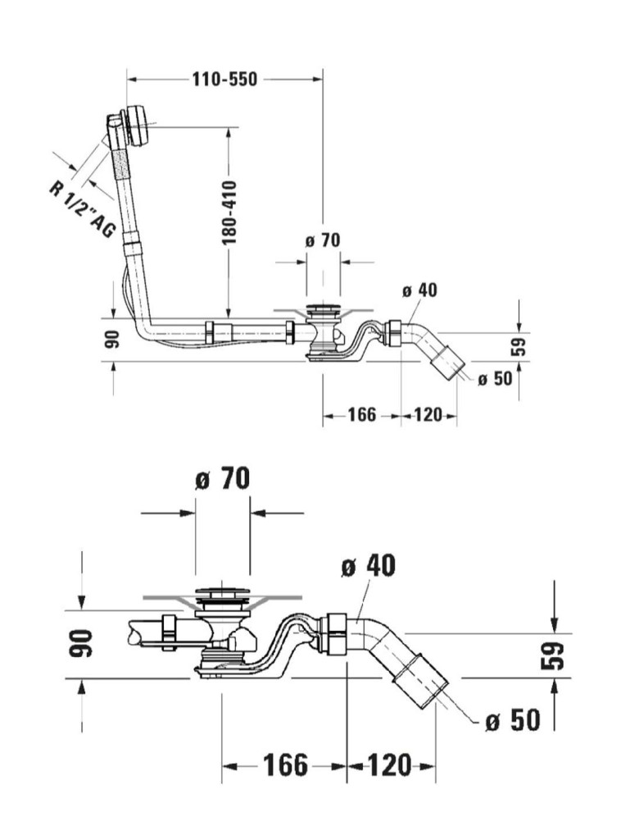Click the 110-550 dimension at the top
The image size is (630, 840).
[224, 80]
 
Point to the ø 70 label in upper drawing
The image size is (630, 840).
[322, 240]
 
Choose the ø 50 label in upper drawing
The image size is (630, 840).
[494, 378]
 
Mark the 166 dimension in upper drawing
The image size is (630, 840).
[361, 415]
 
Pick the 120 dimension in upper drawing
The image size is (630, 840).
[428, 415]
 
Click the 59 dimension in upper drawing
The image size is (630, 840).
[518, 345]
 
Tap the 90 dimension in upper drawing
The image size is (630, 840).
[113, 339]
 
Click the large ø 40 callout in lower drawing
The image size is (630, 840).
[369, 565]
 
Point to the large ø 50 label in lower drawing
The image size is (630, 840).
[512, 721]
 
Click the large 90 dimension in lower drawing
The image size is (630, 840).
[83, 644]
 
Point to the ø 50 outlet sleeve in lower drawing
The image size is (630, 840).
[419, 679]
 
